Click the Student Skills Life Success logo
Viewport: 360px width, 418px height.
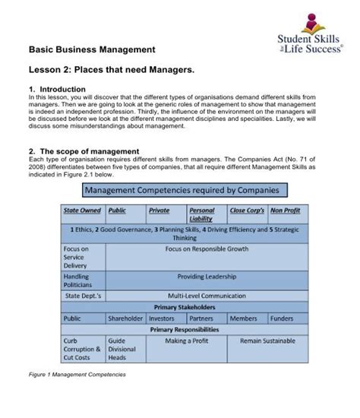(311, 36)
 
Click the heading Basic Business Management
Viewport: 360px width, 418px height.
(92, 49)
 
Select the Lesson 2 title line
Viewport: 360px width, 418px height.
(112, 70)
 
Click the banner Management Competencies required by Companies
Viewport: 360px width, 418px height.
(181, 190)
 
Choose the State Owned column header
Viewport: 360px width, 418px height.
(82, 210)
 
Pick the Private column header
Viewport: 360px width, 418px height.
(159, 210)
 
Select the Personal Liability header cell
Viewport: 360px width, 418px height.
(201, 214)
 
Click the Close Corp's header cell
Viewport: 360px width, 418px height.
(246, 210)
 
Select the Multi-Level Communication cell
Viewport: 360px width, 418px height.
(207, 295)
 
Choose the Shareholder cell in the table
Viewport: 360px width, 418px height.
(125, 318)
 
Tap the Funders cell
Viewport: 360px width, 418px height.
(282, 318)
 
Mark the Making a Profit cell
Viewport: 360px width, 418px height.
(186, 341)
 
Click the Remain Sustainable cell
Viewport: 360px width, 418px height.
(267, 341)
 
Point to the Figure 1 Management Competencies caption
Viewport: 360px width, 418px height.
(77, 375)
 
